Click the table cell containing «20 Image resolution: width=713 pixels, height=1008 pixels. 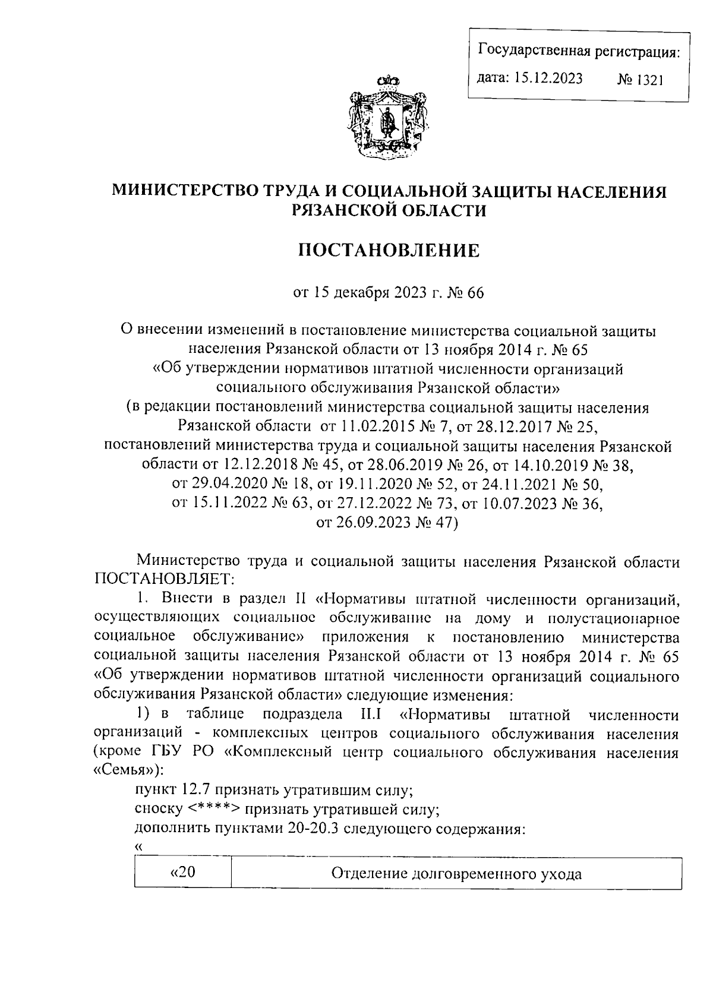pyautogui.click(x=183, y=873)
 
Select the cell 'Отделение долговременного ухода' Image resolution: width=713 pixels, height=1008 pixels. pyautogui.click(x=456, y=874)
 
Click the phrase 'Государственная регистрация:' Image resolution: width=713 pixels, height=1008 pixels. pyautogui.click(x=579, y=52)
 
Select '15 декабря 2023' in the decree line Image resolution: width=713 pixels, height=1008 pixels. pyautogui.click(x=358, y=293)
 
